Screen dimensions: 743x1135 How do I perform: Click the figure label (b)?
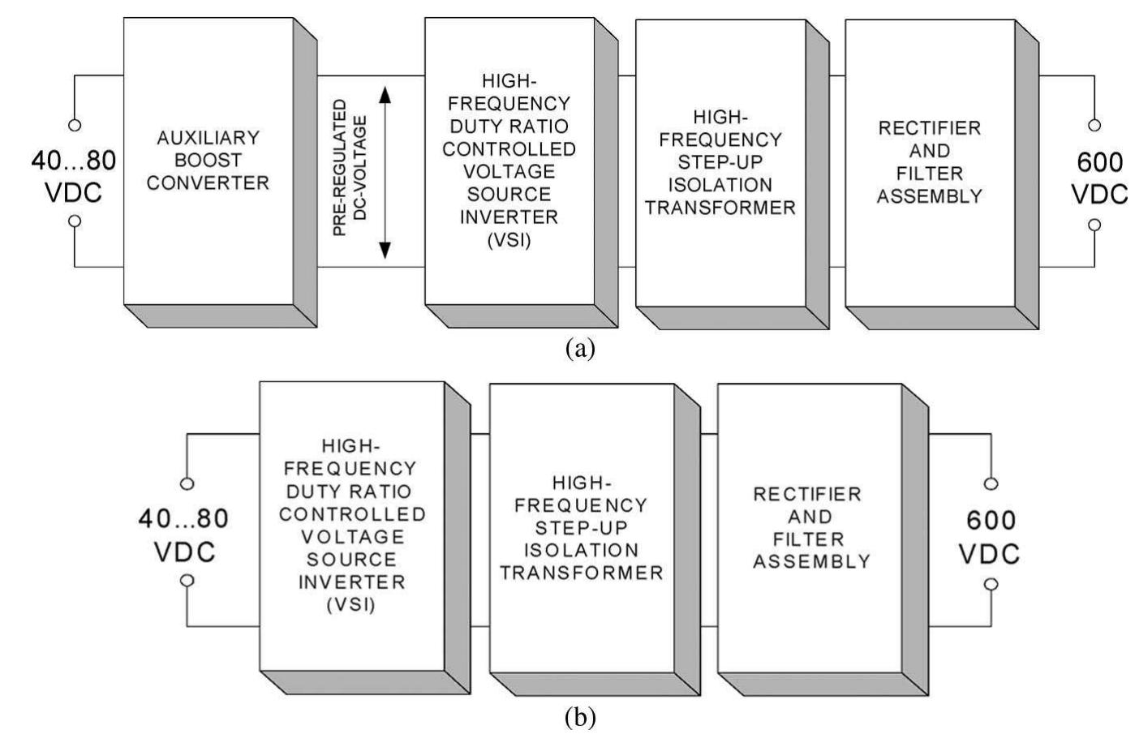[578, 717]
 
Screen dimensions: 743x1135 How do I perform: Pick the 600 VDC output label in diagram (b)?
[989, 536]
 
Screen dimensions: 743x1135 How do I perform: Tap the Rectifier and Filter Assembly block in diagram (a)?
[930, 162]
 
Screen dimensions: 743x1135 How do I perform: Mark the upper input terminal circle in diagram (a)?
[75, 126]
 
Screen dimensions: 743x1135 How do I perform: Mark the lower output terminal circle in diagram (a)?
[1094, 225]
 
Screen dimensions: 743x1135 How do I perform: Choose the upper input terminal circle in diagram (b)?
[187, 484]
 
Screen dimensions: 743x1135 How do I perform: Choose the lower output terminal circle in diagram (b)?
[991, 584]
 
